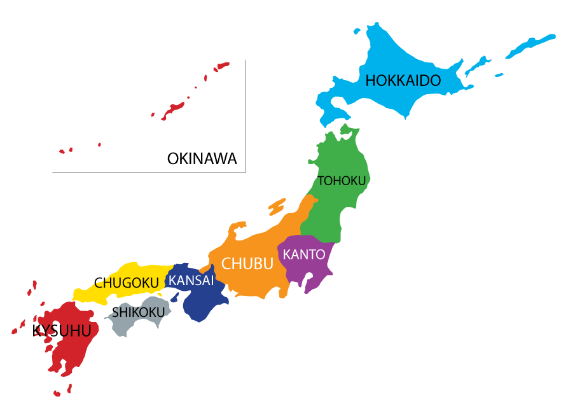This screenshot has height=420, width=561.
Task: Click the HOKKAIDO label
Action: [x=403, y=81]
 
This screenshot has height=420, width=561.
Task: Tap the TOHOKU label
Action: [x=342, y=181]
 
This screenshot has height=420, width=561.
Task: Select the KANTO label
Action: [x=304, y=255]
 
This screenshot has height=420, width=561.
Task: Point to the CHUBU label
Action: [x=247, y=263]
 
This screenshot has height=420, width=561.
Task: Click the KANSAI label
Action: [x=190, y=280]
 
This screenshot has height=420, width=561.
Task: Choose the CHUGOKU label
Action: [x=127, y=283]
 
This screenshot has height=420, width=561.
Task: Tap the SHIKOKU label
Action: [x=138, y=312]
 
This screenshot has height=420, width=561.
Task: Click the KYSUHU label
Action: [x=62, y=331]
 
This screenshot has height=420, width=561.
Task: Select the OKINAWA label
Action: [x=202, y=158]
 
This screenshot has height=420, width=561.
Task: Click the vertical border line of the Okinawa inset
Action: [x=246, y=115]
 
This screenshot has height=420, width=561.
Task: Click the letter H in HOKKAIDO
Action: [x=370, y=81]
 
